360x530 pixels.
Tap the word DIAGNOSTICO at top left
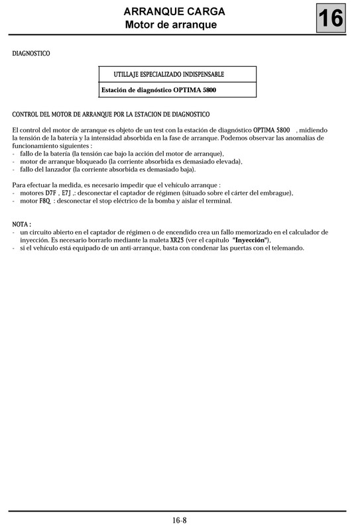coord(31,52)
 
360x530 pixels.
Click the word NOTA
coord(21,225)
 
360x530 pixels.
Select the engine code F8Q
coord(45,201)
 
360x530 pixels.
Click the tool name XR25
coord(177,240)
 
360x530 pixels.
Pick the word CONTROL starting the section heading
coord(28,114)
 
